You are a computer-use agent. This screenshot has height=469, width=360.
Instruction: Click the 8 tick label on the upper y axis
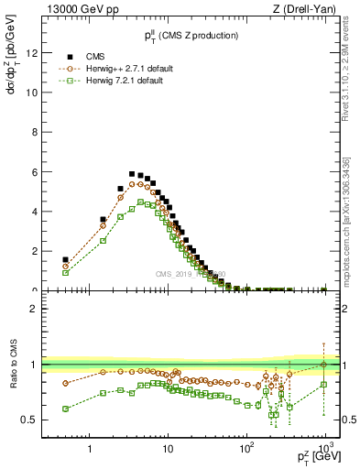click(33, 132)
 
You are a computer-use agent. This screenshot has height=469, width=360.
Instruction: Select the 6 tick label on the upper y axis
click(33, 171)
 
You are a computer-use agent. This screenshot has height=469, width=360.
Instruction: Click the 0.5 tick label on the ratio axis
click(28, 420)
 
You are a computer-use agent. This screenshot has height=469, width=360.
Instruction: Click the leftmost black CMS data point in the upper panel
click(65, 259)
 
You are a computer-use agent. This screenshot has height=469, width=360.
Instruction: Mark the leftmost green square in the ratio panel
click(65, 409)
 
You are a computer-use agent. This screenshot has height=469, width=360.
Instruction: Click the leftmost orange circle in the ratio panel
click(65, 383)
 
